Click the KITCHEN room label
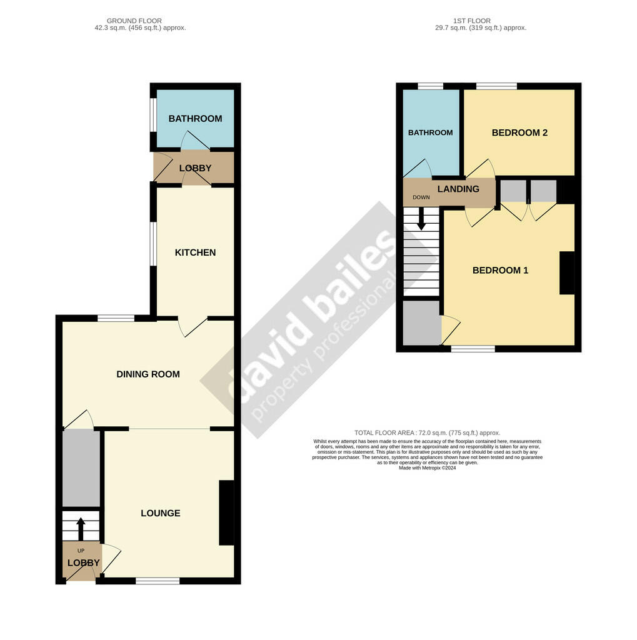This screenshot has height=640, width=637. (x=195, y=252)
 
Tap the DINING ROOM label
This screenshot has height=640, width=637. (x=148, y=374)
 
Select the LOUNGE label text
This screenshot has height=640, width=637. (x=161, y=513)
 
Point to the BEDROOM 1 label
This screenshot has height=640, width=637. (x=500, y=271)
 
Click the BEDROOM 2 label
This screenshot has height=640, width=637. (x=519, y=132)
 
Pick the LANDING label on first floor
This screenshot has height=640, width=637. (x=458, y=189)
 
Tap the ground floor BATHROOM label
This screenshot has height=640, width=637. (x=195, y=119)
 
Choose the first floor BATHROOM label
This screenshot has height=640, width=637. (x=430, y=132)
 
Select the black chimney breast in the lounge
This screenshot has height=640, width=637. (x=226, y=512)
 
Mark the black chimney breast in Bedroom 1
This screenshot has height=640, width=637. (x=567, y=272)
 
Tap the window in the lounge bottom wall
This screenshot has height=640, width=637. (x=158, y=581)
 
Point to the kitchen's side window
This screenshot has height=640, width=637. (x=153, y=244)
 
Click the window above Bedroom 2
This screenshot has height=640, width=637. (x=496, y=86)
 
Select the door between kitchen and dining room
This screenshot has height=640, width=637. (x=194, y=325)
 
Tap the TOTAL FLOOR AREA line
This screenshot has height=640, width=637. (x=427, y=432)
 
